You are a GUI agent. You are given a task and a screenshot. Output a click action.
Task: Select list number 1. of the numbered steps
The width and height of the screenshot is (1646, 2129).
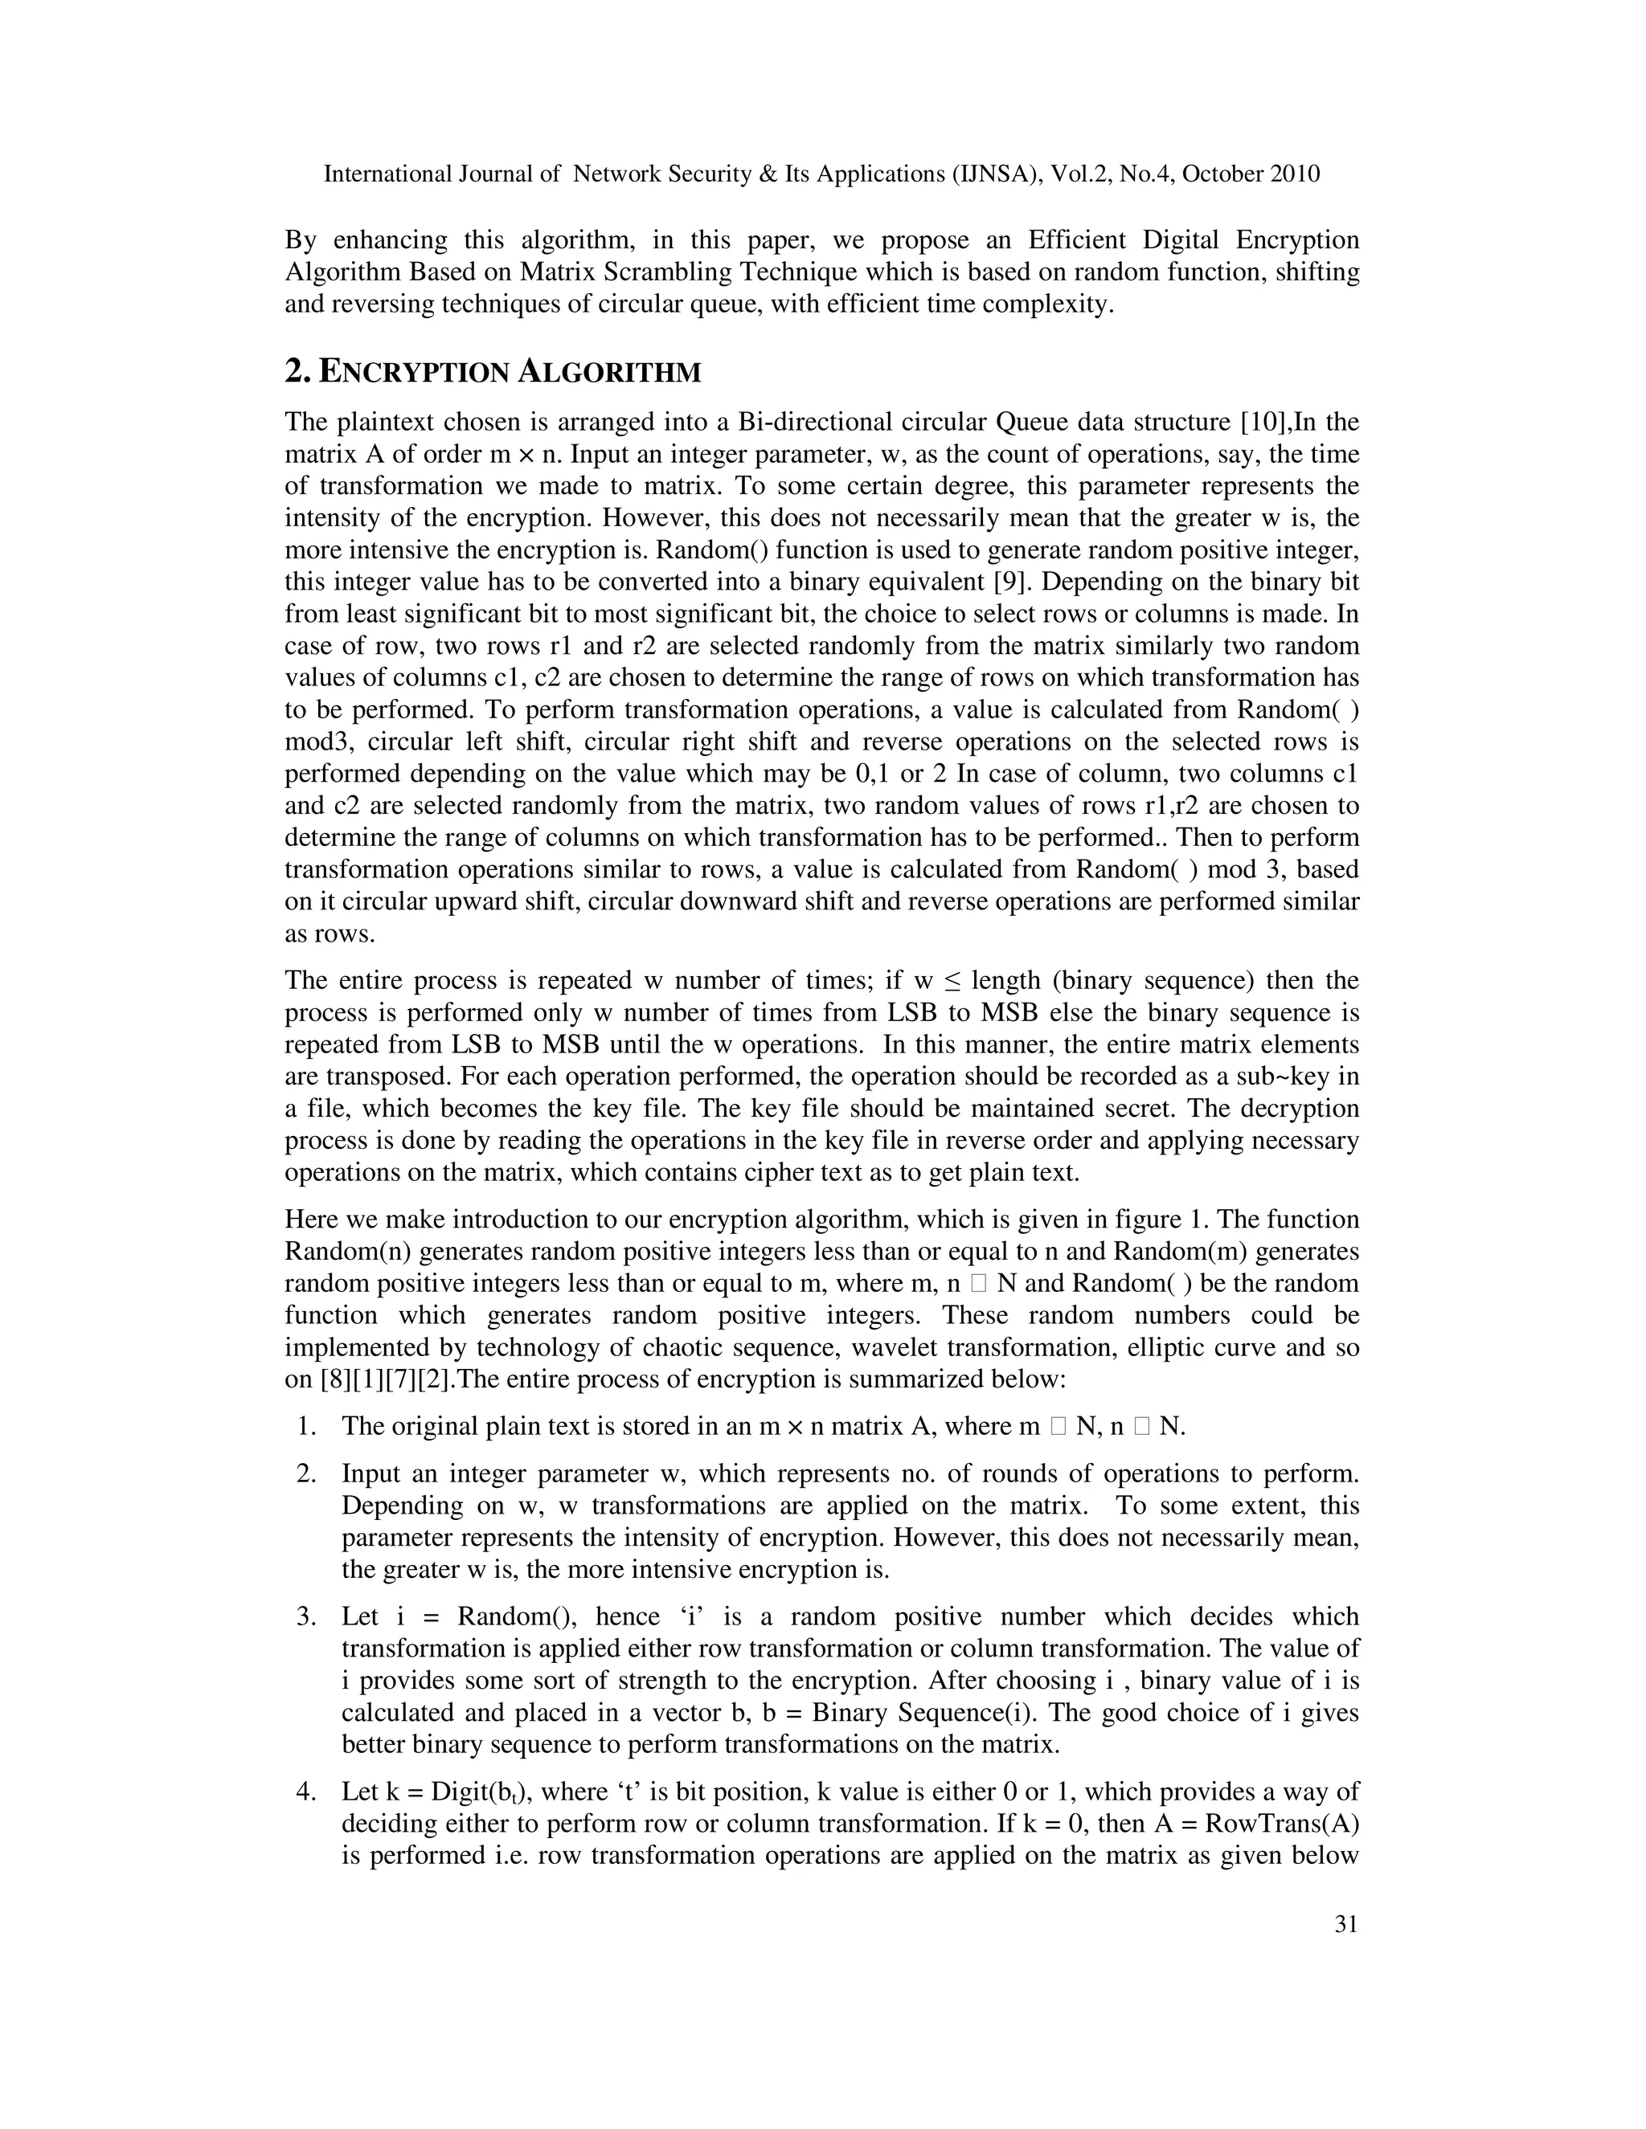307,1426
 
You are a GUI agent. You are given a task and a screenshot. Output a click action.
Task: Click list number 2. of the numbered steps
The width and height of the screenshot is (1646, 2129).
307,1474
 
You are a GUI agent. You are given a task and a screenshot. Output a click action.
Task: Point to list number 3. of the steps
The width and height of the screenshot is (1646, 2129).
307,1616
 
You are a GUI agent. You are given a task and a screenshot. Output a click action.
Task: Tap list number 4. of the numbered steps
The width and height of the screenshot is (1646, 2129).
307,1792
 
